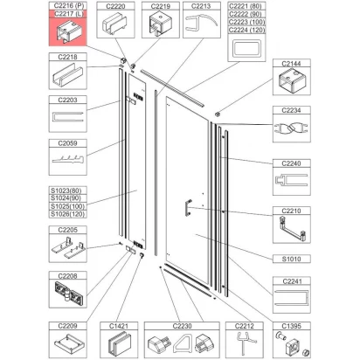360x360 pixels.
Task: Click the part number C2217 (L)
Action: [68, 14]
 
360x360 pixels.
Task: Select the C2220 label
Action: [115, 6]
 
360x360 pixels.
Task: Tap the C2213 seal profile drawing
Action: [201, 23]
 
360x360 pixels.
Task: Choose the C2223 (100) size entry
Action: [246, 22]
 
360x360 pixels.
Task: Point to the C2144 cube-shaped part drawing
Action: [292, 80]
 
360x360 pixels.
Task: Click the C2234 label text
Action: [291, 110]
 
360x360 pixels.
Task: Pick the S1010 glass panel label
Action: [291, 259]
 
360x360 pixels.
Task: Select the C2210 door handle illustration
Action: [292, 228]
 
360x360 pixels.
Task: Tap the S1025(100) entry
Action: [67, 206]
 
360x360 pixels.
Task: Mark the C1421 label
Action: [119, 326]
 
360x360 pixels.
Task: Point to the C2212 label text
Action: [245, 326]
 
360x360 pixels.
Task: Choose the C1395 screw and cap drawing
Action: [292, 344]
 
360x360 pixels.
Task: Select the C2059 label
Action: [67, 143]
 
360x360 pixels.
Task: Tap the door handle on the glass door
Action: [187, 207]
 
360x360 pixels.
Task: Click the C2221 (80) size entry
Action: [246, 6]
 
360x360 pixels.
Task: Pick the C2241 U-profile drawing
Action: [292, 298]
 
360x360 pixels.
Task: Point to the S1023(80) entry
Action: [66, 190]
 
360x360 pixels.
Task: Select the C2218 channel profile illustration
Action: [67, 76]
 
